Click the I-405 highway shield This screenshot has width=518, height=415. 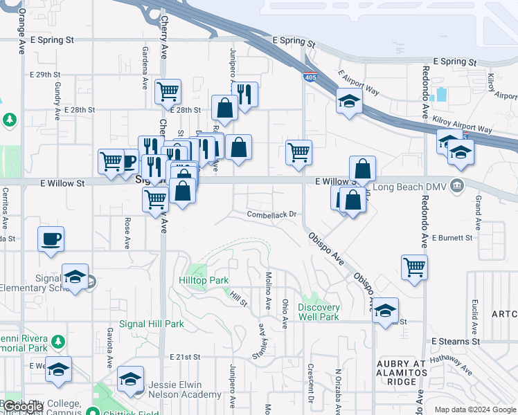[x=310, y=77]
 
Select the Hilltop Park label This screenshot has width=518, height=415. [x=204, y=282]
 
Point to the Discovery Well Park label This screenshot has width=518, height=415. [x=319, y=312]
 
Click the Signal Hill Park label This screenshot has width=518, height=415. [x=152, y=324]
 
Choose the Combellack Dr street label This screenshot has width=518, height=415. [x=272, y=214]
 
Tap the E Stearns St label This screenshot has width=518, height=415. [x=455, y=342]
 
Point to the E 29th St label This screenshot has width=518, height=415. [x=46, y=74]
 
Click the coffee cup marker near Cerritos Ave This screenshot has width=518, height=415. [x=51, y=239]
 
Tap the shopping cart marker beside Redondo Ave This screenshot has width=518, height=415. [x=414, y=266]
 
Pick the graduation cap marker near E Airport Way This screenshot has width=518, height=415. [x=349, y=101]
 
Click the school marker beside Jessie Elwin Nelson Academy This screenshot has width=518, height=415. [x=130, y=378]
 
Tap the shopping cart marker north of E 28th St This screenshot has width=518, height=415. [x=168, y=91]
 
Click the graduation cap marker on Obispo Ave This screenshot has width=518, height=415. [x=385, y=310]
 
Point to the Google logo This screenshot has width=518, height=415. [x=23, y=407]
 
